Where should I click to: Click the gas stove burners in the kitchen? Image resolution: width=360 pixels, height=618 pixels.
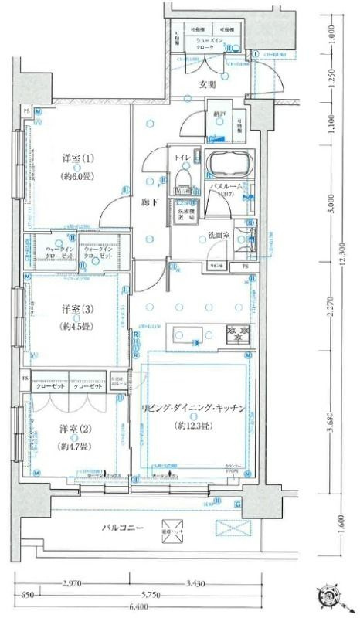point(236,334)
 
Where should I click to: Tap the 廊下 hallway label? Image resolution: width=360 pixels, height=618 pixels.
point(149,203)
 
